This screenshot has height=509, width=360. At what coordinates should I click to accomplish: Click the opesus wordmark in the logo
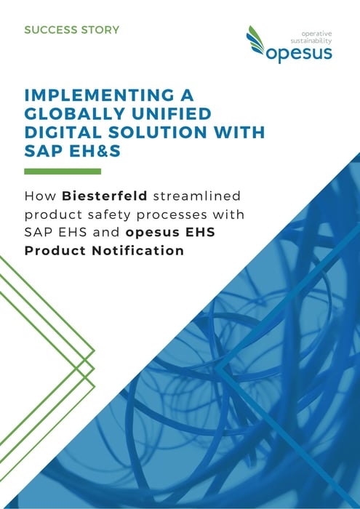pyautogui.click(x=299, y=53)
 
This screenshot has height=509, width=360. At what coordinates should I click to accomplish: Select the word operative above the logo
pyautogui.click(x=316, y=33)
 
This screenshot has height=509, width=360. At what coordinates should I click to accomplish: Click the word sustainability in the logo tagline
pyautogui.click(x=311, y=41)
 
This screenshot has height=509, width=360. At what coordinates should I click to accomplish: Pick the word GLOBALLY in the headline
pyautogui.click(x=75, y=113)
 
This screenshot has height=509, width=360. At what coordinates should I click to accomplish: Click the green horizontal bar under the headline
pyautogui.click(x=63, y=172)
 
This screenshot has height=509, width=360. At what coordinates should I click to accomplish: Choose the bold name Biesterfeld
pyautogui.click(x=105, y=196)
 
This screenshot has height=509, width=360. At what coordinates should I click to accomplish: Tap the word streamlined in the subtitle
pyautogui.click(x=196, y=196)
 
